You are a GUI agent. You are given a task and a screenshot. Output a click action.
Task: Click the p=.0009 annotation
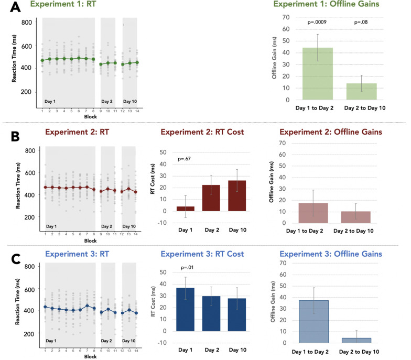(x=317, y=23)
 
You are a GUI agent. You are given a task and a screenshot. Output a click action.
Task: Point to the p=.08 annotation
(x=362, y=23)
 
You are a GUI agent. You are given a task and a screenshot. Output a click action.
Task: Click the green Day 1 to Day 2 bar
(x=317, y=74)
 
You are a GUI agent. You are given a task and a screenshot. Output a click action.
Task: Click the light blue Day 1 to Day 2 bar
(x=314, y=321)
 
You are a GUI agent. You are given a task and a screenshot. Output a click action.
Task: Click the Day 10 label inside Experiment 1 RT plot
(x=129, y=101)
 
